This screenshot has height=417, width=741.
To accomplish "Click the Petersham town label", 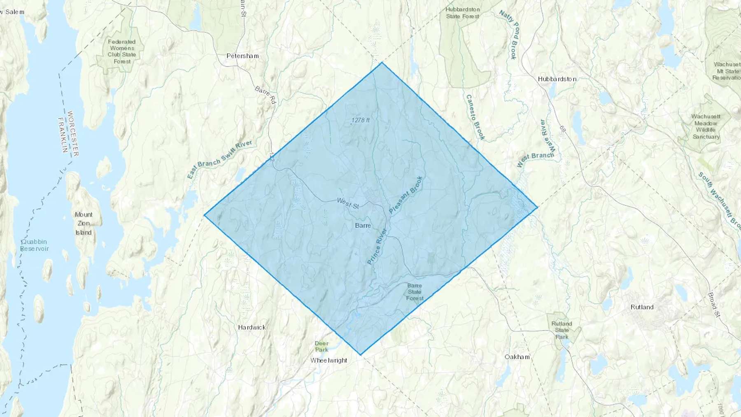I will click(242, 56).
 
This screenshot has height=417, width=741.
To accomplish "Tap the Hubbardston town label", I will click(557, 79).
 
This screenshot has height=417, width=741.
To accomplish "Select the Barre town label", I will click(363, 226).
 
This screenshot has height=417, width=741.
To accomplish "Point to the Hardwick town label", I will click(252, 328).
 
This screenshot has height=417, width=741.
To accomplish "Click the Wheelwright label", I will click(329, 361).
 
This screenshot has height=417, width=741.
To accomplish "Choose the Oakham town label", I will click(517, 357).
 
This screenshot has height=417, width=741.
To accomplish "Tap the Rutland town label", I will click(642, 307).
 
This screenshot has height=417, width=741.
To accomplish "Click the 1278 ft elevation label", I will click(360, 120).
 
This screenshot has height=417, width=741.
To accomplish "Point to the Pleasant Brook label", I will click(406, 195).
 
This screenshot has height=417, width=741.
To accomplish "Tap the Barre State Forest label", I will click(415, 292).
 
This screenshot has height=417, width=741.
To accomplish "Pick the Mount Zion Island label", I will click(84, 224).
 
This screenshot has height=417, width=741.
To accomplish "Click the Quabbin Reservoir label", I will click(35, 245).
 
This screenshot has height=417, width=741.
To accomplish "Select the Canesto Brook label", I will click(475, 117).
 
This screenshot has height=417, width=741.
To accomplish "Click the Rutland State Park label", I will click(562, 330).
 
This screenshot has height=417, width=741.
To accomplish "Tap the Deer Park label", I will click(322, 347).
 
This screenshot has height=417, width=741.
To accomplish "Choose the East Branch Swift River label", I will click(219, 159).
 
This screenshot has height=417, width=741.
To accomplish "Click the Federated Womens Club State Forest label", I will click(122, 51).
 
